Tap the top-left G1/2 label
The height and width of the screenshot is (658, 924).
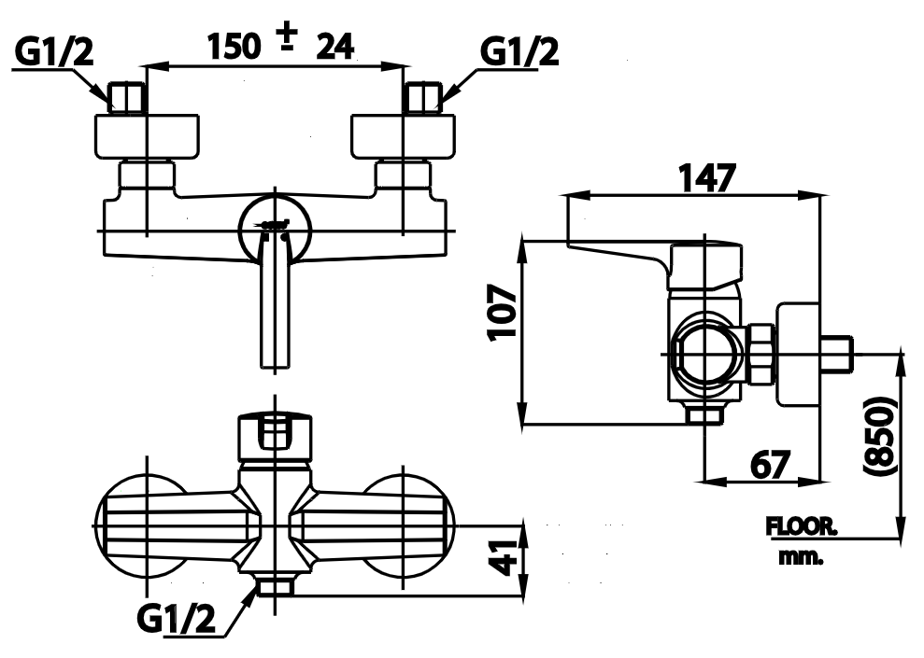[54, 53]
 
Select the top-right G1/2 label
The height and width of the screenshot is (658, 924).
[519, 53]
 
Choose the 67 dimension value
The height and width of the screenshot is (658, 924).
[769, 463]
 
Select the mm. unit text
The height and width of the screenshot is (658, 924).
[800, 557]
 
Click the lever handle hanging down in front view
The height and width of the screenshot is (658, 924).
[274, 308]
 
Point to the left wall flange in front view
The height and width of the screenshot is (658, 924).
[148, 135]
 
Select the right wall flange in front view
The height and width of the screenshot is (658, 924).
[404, 135]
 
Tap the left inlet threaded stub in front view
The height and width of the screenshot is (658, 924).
[127, 98]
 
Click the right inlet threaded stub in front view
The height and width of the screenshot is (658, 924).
[424, 98]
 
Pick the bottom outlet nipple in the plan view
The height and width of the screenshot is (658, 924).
[275, 587]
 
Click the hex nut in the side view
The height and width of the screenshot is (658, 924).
[761, 356]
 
